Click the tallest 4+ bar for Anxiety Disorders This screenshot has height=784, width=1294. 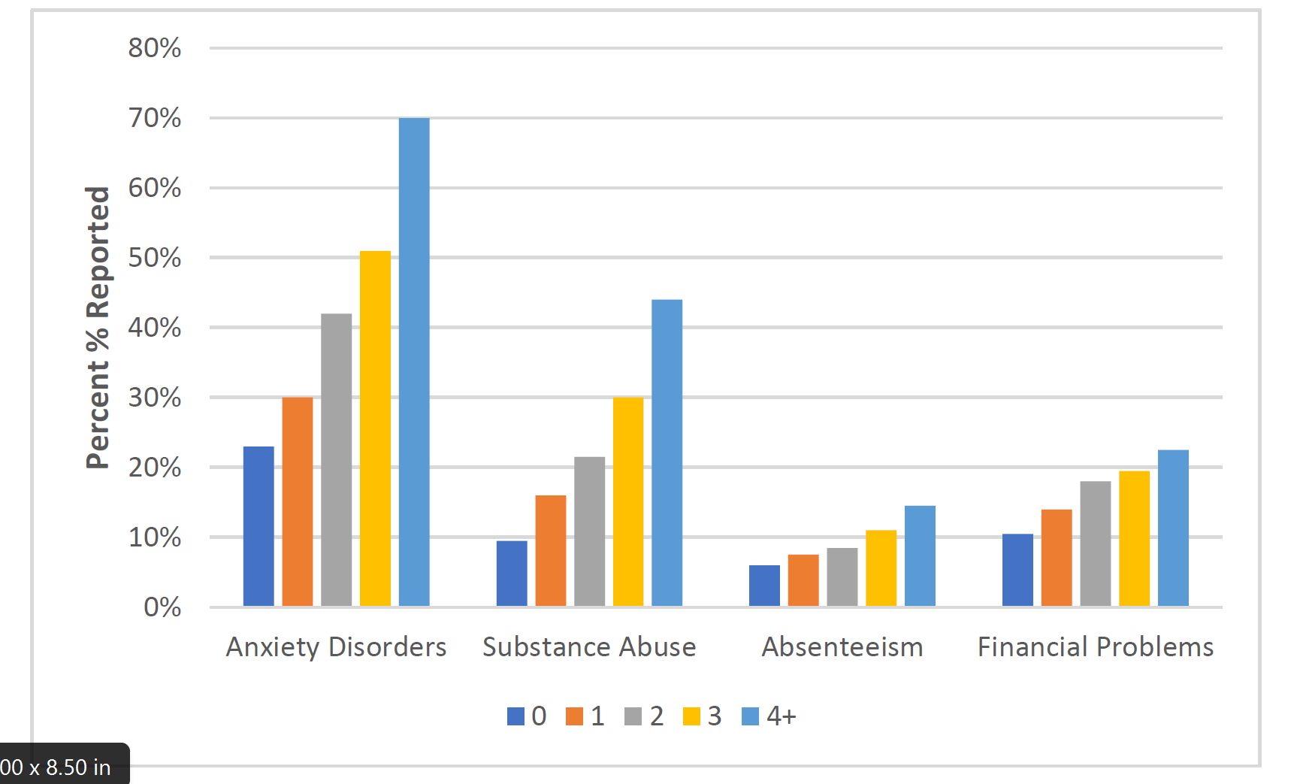coord(414,361)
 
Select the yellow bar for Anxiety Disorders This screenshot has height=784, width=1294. coord(375,428)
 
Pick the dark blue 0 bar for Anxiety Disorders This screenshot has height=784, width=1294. coord(258,526)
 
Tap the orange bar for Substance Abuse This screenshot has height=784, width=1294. coord(550,550)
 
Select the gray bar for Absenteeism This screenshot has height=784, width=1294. coord(842,577)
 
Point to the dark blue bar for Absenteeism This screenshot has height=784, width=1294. coord(764,586)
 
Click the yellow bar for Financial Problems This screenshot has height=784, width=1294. coord(1134,538)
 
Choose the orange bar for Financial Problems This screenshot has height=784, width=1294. coord(1057,557)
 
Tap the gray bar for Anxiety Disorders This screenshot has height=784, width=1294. coord(336,459)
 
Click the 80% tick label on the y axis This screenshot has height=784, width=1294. coord(155,48)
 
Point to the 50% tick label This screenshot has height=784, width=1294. coord(155,258)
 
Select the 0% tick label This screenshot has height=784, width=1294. coord(162,607)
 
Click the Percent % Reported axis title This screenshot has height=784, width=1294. coord(98,328)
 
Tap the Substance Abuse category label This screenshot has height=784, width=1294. coord(589,647)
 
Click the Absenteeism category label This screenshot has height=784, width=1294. coord(842,647)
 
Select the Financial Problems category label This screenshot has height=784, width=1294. coord(1095,647)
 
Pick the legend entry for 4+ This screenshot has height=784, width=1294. coord(769,716)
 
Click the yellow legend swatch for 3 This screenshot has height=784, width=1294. coord(691,716)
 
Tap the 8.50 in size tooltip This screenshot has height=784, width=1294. coord(56,767)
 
